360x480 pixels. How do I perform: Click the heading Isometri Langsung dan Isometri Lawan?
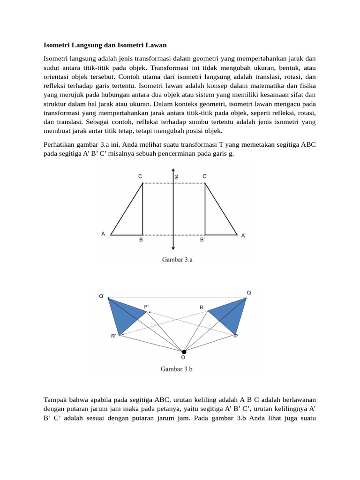coord(105,45)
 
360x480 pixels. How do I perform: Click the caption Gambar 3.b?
coord(177,369)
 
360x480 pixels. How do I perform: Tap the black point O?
coord(184,352)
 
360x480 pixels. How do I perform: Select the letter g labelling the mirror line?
coord(177,176)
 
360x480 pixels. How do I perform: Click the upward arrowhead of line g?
coord(174,171)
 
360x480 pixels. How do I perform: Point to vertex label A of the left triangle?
coord(103,233)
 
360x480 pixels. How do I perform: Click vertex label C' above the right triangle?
coord(205,176)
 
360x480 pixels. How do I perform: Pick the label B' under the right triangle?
coord(202,240)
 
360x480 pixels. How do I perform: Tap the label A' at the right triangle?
coord(243,236)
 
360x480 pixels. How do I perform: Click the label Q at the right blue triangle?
coord(249,292)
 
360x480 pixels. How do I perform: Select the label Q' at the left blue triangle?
coord(102,296)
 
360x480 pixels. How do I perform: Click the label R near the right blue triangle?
coord(202,307)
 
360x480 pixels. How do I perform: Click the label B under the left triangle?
coord(141,240)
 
